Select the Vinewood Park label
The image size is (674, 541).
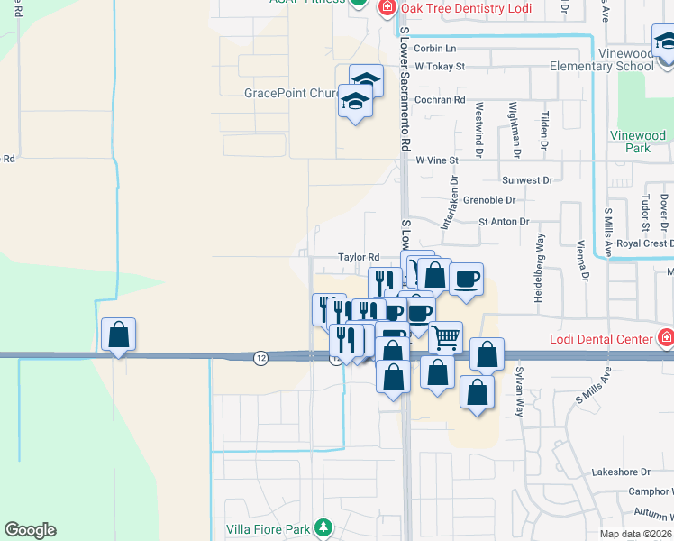[x=637, y=142]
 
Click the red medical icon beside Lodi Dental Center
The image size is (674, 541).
[x=666, y=339]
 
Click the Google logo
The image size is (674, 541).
[x=30, y=530]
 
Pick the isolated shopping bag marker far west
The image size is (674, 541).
[x=118, y=335]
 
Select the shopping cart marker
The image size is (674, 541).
[x=445, y=338]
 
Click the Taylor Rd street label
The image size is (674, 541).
[x=358, y=257]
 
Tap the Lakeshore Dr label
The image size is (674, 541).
[x=621, y=472]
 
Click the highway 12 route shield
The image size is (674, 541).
[x=260, y=358]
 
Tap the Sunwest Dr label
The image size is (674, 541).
[x=527, y=180]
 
